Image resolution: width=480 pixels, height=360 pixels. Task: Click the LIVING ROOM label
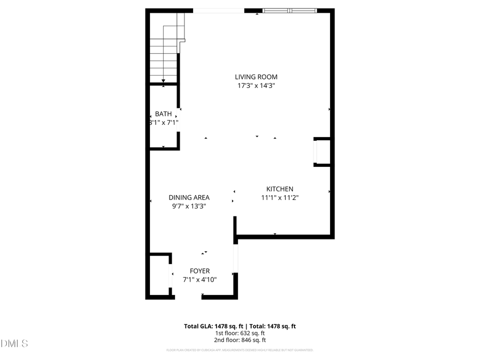(257, 77)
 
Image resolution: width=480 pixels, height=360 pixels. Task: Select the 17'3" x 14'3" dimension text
(257, 85)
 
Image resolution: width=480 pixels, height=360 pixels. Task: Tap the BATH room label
(163, 114)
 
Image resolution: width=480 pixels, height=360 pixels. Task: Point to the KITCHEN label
(279, 189)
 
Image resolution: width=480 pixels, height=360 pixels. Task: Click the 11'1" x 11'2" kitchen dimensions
(279, 197)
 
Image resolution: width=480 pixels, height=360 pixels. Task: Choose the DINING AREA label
(189, 197)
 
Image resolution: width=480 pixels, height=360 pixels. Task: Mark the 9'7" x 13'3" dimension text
(189, 205)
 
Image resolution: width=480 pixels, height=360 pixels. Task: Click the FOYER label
(200, 271)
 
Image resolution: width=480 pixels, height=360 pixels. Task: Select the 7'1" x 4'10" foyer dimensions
(200, 279)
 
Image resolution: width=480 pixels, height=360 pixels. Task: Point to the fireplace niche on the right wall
(323, 152)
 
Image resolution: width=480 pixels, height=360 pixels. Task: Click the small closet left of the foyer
(159, 275)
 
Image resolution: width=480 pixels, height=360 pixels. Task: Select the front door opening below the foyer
(188, 297)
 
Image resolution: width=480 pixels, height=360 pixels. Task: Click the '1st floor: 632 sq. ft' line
(240, 333)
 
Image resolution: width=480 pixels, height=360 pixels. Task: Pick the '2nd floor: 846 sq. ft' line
(240, 340)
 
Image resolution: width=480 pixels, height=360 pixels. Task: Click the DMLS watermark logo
(15, 343)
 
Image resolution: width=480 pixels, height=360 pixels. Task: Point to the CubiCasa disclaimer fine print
(240, 350)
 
